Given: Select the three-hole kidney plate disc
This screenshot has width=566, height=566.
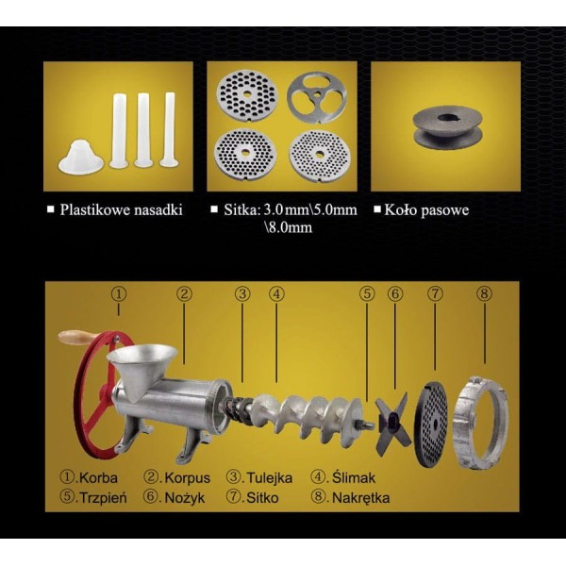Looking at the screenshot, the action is [x=317, y=97].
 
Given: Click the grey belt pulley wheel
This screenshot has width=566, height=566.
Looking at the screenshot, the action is [x=447, y=127].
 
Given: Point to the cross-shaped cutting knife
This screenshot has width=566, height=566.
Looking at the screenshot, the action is [x=392, y=424].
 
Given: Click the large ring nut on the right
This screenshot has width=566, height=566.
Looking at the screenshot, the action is [x=480, y=423].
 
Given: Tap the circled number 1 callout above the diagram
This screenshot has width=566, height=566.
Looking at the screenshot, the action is [x=119, y=293].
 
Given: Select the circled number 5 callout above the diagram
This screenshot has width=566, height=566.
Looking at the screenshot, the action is [x=367, y=293].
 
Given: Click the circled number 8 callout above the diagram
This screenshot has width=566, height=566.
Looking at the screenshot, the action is [x=484, y=293].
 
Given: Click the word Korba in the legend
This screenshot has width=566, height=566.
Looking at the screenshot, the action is [x=98, y=478].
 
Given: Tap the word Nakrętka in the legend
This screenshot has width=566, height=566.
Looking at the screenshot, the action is [x=360, y=498].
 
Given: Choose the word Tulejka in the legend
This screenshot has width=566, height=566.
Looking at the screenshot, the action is [x=269, y=478].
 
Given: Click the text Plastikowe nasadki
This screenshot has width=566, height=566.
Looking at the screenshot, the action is [x=122, y=209].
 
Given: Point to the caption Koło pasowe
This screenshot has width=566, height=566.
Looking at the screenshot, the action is [x=426, y=209].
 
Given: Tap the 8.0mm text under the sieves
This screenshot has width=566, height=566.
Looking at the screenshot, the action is [x=289, y=227].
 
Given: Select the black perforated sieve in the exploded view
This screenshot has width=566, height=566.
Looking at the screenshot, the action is [x=431, y=423].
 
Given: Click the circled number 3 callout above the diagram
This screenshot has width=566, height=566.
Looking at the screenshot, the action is [x=242, y=293].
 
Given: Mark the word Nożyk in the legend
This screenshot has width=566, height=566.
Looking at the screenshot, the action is [x=185, y=498].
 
